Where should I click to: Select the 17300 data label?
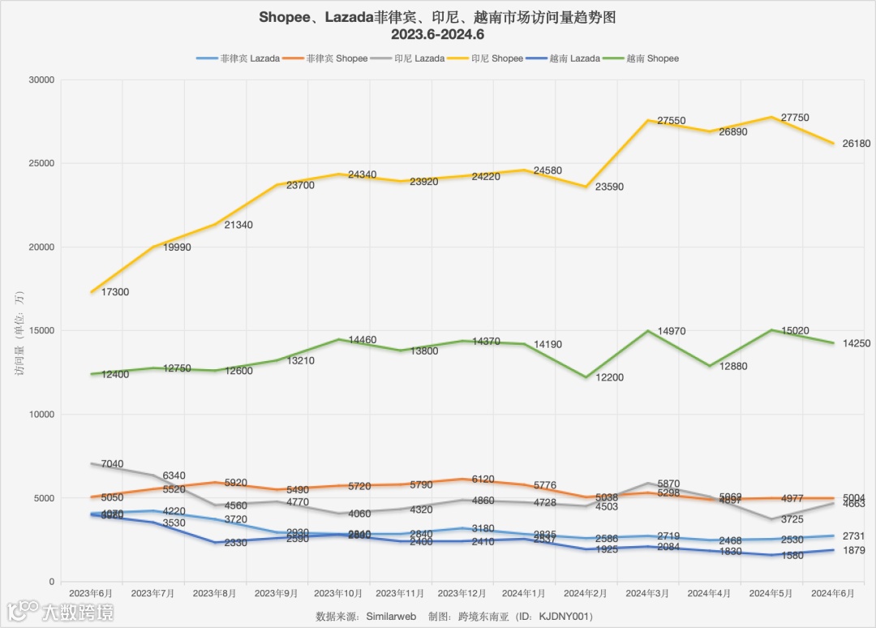(114, 292)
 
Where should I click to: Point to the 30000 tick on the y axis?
(40, 80)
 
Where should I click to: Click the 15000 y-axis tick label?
(40, 331)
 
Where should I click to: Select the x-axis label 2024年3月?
(648, 594)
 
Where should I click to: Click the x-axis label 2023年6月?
(91, 594)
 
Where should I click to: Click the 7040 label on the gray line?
(112, 465)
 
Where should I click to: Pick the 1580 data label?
(792, 556)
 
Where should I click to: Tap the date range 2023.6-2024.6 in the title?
(437, 35)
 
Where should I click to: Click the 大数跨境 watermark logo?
(61, 611)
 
